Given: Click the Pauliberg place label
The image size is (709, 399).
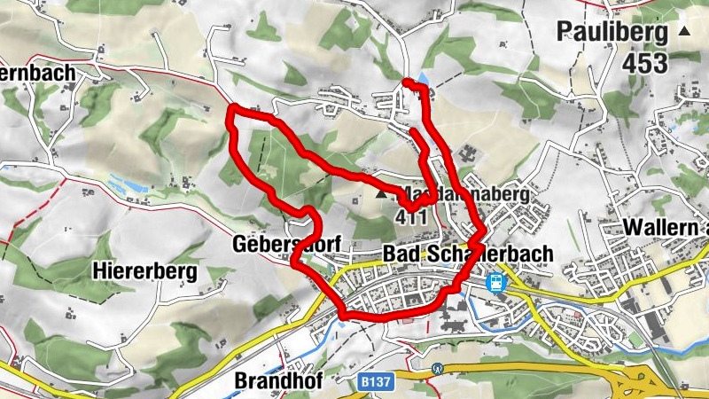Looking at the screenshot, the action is tap(612, 33).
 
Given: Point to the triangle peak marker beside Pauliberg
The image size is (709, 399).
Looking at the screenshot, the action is tap(683, 32).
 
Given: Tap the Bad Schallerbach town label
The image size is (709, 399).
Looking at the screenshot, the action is tap(467, 254).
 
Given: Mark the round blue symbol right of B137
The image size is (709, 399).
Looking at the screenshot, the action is tap(436, 368).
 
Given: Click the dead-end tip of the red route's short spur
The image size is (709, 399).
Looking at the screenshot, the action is tap(413, 131).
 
